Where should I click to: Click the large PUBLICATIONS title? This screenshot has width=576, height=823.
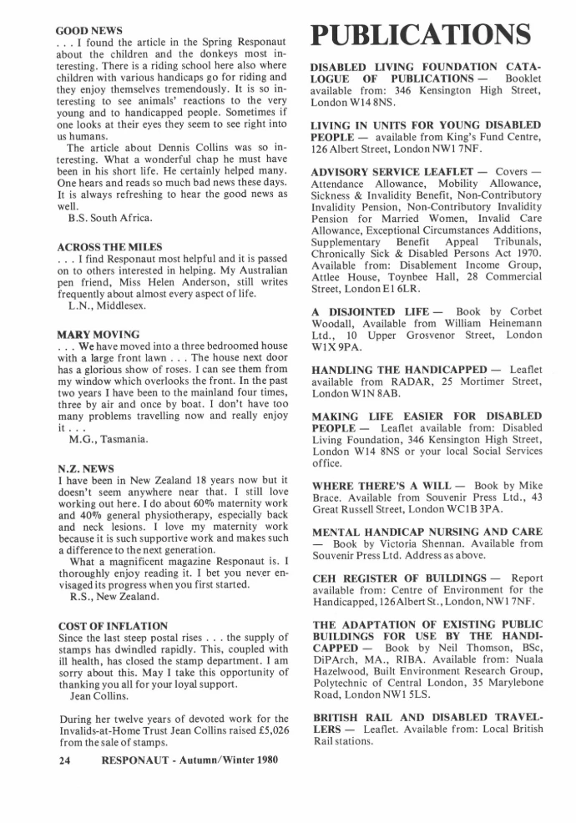coord(421,35)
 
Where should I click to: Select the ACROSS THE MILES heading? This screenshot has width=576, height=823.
coord(109,248)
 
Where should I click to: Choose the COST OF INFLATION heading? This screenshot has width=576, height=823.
coord(113,625)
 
